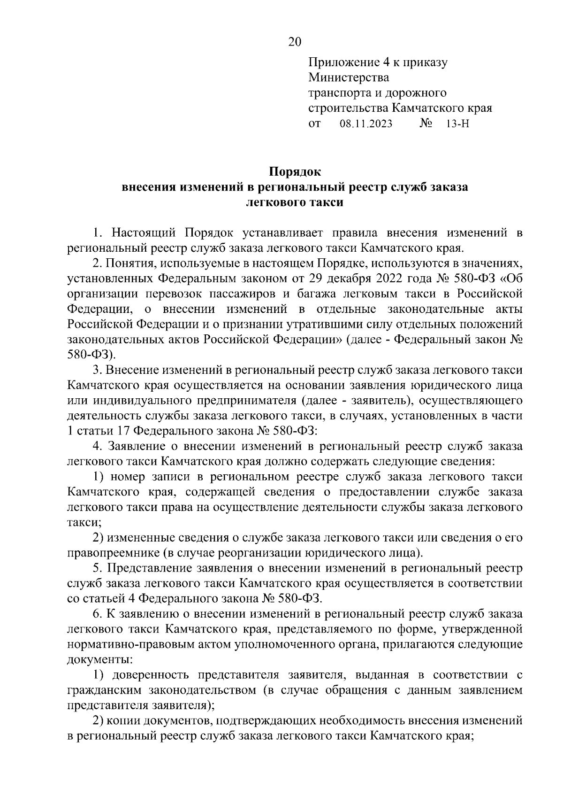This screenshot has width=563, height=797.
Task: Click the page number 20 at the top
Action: (x=294, y=42)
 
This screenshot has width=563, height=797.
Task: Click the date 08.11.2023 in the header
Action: (x=365, y=124)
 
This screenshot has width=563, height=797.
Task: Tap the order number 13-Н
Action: (x=458, y=124)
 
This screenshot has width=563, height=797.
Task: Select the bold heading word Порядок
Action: (x=294, y=171)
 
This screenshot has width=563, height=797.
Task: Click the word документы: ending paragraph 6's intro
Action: (x=99, y=660)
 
